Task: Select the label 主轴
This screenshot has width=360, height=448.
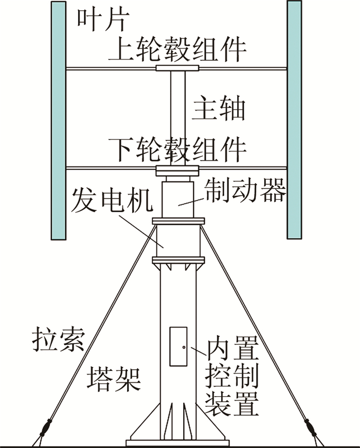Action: [x=219, y=108]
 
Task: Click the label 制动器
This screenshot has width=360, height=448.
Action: [x=244, y=191]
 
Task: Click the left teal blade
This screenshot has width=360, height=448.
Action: [x=59, y=120]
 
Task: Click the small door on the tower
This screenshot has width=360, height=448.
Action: [x=178, y=346]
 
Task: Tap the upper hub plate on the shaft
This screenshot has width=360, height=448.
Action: [x=178, y=68]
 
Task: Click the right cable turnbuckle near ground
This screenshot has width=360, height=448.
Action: [x=311, y=426]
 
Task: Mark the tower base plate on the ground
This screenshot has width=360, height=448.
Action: [x=178, y=442]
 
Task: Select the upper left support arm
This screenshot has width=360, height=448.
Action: [x=111, y=68]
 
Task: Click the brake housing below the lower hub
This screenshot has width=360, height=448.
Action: [x=178, y=198]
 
